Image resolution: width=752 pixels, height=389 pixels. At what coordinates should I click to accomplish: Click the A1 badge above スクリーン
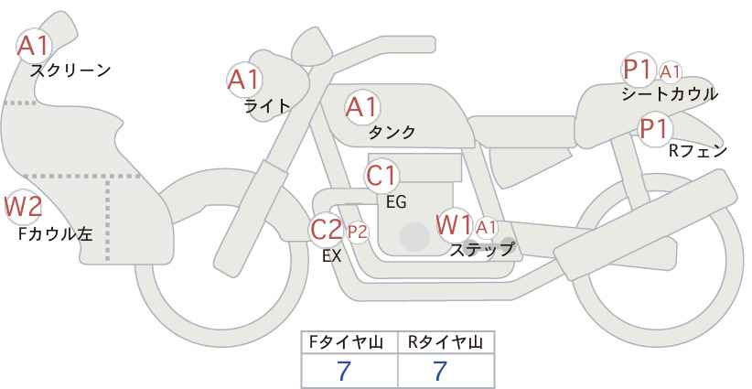pos(35,45)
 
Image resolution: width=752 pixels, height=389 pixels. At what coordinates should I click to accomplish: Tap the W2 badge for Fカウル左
pos(23,207)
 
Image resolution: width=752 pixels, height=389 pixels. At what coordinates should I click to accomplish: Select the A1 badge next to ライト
pos(243,80)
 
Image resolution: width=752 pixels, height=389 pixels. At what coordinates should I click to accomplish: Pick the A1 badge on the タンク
pos(361,107)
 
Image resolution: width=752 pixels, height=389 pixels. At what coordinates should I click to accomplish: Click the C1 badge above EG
pos(382,175)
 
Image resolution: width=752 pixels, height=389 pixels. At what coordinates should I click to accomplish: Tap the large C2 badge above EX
pos(327,229)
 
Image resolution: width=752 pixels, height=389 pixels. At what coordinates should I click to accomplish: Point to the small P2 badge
pos(357,232)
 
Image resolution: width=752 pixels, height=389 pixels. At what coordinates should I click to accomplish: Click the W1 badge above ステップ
pos(454,223)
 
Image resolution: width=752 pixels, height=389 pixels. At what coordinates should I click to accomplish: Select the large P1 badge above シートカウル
pos(638,69)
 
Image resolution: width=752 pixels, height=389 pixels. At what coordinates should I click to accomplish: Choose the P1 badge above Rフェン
pos(653,129)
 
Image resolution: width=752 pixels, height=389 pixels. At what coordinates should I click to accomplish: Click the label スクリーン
pos(70,70)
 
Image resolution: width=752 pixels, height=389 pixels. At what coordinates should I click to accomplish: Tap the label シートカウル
pos(670,93)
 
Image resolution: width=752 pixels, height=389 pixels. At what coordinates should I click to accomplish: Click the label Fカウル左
pos(56,233)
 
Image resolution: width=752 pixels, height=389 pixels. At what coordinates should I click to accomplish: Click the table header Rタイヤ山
pos(446,342)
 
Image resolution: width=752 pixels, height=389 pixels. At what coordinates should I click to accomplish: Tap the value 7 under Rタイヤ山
pos(441,371)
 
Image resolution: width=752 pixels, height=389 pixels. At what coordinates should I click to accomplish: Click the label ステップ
pos(482,248)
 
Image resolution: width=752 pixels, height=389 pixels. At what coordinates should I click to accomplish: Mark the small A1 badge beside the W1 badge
pos(486,227)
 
